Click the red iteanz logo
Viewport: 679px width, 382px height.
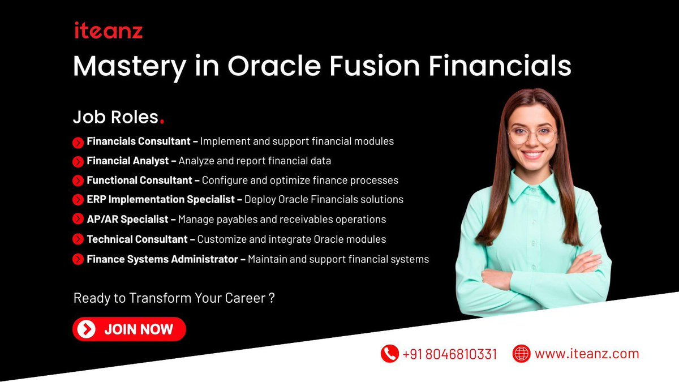[108, 31]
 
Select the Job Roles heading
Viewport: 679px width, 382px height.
[115, 117]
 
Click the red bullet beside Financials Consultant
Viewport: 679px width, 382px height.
[78, 142]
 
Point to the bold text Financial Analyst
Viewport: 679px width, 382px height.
[127, 161]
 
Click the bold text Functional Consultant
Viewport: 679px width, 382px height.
[139, 181]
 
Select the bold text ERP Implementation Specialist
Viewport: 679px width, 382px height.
[164, 200]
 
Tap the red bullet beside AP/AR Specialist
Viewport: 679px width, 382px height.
[78, 220]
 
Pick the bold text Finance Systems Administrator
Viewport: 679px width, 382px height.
[162, 259]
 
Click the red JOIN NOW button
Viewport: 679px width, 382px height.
[129, 329]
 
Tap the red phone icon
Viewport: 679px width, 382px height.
[389, 354]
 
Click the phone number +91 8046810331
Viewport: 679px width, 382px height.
[450, 354]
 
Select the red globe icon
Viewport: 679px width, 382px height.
[521, 354]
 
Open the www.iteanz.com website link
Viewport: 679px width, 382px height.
[586, 354]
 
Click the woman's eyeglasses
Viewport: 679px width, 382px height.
[532, 135]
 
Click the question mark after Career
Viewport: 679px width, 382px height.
[272, 298]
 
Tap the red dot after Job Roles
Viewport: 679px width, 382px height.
[163, 122]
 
